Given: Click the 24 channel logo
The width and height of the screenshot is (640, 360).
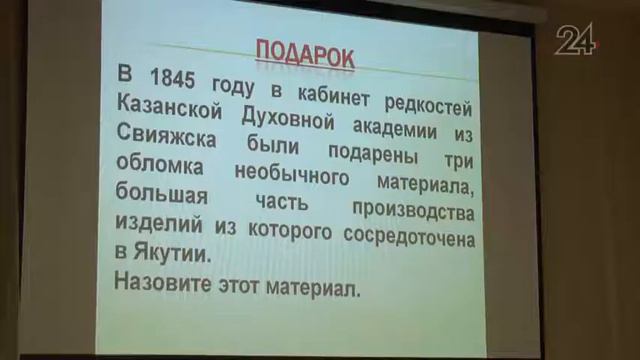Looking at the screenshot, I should (x=578, y=40).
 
